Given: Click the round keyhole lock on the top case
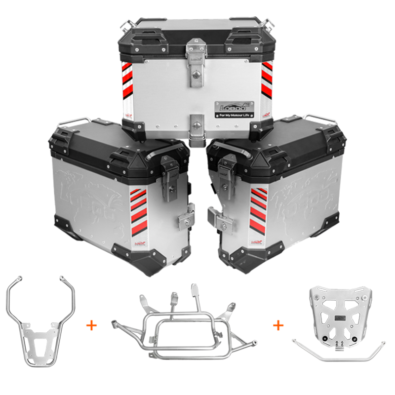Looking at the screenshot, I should pos(197,75).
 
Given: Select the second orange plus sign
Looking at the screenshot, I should pos(279,325).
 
